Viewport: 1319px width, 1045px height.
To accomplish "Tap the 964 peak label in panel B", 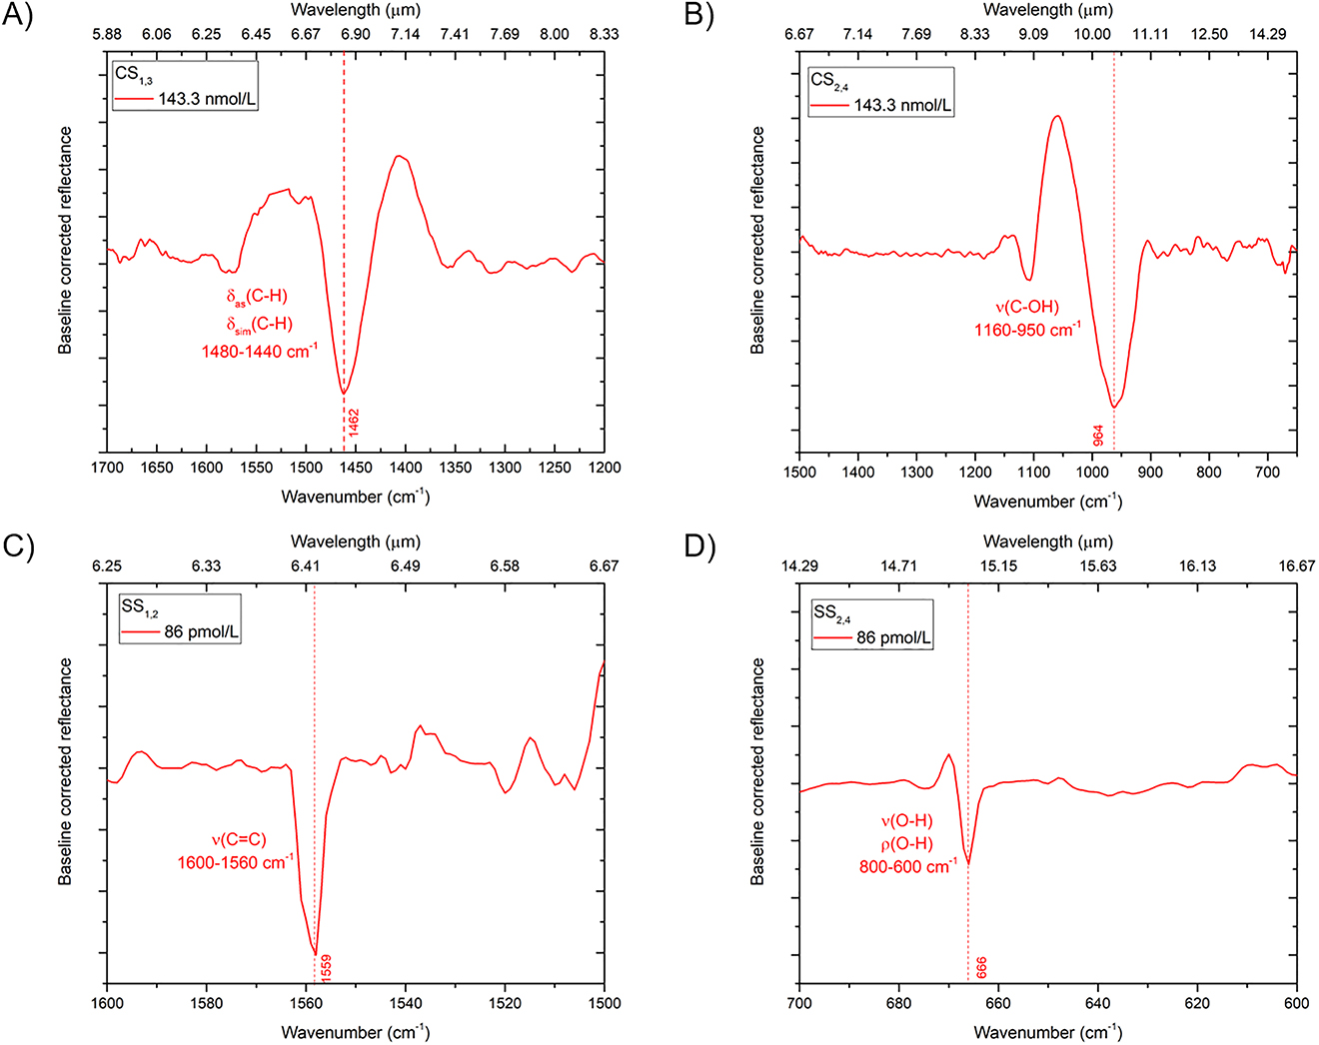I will [1098, 436].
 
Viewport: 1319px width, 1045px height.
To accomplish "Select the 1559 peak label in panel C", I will [326, 966].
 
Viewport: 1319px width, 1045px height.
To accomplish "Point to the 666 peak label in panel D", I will [981, 967].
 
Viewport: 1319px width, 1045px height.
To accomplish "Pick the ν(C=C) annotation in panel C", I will [238, 839].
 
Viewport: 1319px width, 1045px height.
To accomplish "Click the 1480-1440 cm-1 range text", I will [260, 352].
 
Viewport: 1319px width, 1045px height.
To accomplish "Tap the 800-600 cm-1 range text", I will [907, 866].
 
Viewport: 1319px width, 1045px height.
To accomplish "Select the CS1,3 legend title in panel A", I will [133, 76].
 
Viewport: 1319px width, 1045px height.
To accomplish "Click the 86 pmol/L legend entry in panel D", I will [893, 637].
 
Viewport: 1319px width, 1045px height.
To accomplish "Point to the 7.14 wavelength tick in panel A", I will [405, 34].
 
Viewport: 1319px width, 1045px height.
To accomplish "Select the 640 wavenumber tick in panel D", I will [1097, 1003].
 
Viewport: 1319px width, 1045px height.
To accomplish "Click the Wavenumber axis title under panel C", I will [355, 1031].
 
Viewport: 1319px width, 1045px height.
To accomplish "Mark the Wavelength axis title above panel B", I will [1047, 10].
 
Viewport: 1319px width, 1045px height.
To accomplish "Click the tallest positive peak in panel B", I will [1056, 117].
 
